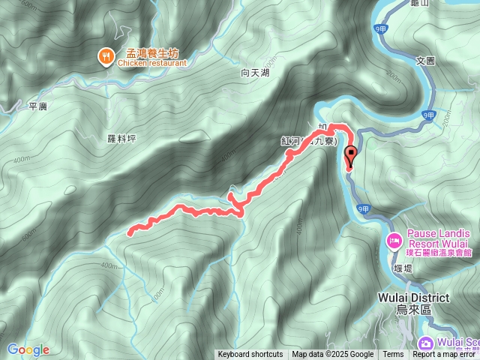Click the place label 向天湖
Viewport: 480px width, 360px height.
(x=254, y=73)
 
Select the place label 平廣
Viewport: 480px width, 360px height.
(x=37, y=106)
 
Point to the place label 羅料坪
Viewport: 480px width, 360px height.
(x=121, y=139)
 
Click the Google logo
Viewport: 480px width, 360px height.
(x=28, y=349)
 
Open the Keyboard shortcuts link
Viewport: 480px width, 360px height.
(x=250, y=355)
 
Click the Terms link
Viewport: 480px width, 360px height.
(x=393, y=355)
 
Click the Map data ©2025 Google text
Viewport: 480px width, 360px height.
(x=333, y=355)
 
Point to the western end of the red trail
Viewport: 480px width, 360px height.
(x=130, y=232)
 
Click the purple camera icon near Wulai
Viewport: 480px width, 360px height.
(x=426, y=344)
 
